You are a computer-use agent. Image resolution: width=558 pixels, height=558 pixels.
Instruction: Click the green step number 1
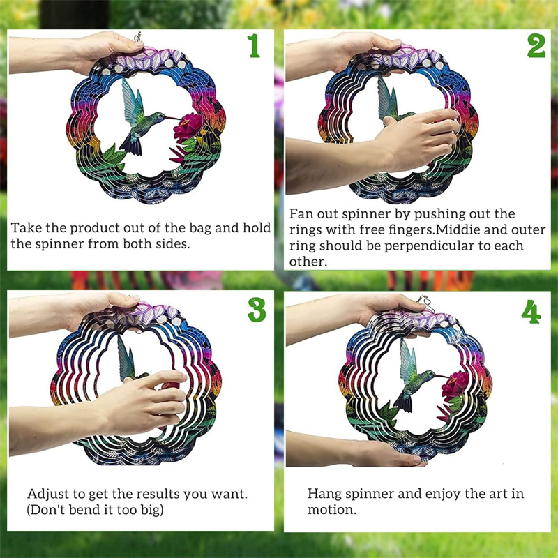(254, 45)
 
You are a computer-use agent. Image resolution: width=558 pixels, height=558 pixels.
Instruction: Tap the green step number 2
(536, 45)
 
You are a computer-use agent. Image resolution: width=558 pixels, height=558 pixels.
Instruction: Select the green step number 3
(257, 310)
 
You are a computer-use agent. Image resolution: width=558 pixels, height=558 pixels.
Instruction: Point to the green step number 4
(531, 312)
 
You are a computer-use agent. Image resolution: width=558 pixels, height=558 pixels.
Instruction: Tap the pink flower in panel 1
(188, 127)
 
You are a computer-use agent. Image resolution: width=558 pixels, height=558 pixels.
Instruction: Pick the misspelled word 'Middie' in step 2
(458, 230)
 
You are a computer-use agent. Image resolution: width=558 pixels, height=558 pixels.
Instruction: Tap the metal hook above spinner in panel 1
(137, 36)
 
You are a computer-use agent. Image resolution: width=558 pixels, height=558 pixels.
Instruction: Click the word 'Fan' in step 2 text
(301, 214)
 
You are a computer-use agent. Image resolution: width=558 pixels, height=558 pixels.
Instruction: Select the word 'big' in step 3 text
(151, 511)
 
